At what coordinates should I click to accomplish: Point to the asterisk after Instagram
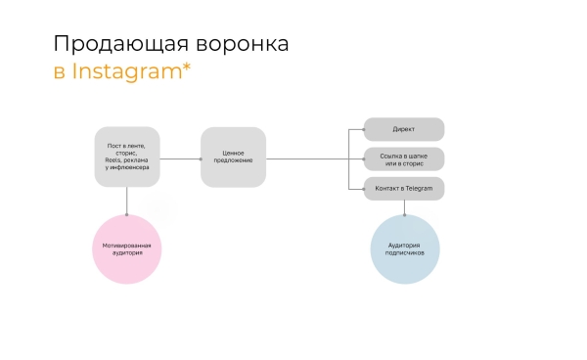point(186,67)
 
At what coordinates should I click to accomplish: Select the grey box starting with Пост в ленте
point(127,157)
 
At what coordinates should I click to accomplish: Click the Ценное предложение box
point(233,157)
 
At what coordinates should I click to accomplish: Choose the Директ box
point(404,129)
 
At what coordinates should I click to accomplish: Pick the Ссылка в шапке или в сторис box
point(404,158)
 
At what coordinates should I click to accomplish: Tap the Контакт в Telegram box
point(404,188)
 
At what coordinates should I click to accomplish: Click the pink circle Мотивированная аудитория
point(127,248)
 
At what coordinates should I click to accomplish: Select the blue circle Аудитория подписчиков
point(404,248)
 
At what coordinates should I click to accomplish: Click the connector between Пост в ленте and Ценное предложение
point(180,157)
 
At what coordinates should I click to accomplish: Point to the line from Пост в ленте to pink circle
point(127,200)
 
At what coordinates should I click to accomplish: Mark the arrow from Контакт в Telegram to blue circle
point(404,206)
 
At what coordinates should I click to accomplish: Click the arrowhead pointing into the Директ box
point(361,129)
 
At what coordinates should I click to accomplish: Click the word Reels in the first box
point(113,159)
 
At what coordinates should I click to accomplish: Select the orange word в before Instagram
point(59,72)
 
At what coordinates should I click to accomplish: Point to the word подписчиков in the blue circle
point(404,253)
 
